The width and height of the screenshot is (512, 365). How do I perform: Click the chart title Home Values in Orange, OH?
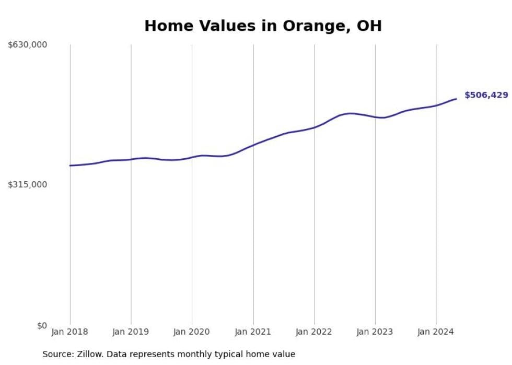pos(263,26)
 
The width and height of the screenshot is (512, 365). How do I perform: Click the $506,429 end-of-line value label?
pos(486,95)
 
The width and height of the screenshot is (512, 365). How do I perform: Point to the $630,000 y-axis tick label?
pos(27,45)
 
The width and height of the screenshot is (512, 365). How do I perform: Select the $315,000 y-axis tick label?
pos(27,184)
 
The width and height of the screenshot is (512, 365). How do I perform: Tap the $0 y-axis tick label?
pos(42,325)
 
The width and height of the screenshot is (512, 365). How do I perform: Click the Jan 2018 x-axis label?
pos(70,332)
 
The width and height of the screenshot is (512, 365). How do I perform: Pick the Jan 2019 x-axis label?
pos(131,332)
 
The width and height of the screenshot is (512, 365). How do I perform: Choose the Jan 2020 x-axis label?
pos(192,332)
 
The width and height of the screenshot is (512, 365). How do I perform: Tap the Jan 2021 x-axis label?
pos(253,332)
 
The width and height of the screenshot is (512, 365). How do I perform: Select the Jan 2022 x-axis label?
pos(314,332)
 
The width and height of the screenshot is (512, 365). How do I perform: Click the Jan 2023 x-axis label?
pos(375,332)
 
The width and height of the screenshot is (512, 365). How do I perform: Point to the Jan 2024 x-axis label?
pos(436,332)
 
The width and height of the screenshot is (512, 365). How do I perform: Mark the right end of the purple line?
pos(456,99)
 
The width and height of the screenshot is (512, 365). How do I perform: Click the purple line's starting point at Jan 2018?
pos(70,166)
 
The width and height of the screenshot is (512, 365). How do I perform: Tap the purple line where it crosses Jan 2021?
pos(253,145)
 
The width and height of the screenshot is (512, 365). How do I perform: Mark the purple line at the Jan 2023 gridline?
pos(375,117)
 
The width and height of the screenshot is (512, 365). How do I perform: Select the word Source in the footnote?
pos(58,354)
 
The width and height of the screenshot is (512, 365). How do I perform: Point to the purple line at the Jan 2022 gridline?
pos(314,127)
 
